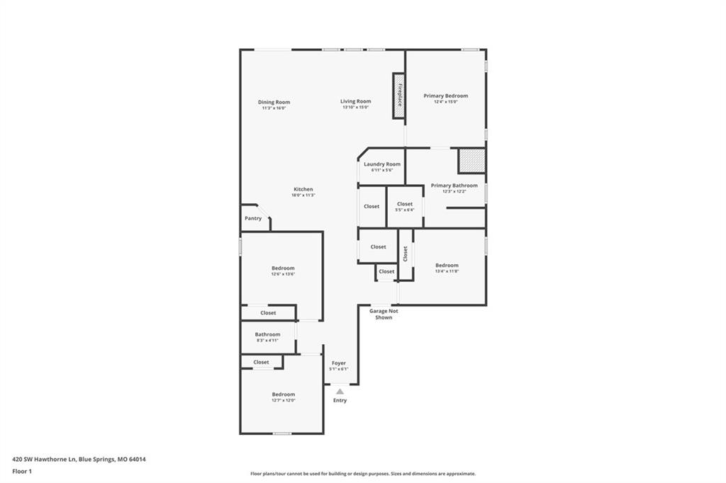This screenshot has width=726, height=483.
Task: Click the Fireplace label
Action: click(400, 95)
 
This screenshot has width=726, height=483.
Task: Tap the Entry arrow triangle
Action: click(340, 392)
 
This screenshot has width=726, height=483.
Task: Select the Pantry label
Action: click(253, 218)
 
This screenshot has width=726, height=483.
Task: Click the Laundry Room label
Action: click(382, 164)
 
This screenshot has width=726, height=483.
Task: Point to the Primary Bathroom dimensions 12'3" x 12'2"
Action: click(454, 191)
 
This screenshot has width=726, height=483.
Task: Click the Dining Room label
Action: click(274, 102)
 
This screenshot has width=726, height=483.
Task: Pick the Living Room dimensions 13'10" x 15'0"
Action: click(356, 108)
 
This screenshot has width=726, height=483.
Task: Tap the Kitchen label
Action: click(303, 189)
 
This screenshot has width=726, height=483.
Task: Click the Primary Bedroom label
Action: click(446, 96)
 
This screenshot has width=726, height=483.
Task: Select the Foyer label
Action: click(338, 363)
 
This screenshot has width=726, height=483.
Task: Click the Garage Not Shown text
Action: click(384, 314)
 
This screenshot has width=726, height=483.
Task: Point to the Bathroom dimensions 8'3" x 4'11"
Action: click(267, 340)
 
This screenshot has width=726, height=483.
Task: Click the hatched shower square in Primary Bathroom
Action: click(471, 161)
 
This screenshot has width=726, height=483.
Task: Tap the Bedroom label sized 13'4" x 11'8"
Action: click(447, 265)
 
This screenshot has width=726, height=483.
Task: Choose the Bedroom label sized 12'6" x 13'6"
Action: click(283, 268)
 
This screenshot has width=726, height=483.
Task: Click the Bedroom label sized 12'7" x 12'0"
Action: click(284, 394)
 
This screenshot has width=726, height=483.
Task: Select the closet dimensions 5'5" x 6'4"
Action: click(405, 210)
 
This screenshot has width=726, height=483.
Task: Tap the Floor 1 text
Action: click(22, 472)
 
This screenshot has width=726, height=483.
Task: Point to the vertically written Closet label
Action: click(406, 254)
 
